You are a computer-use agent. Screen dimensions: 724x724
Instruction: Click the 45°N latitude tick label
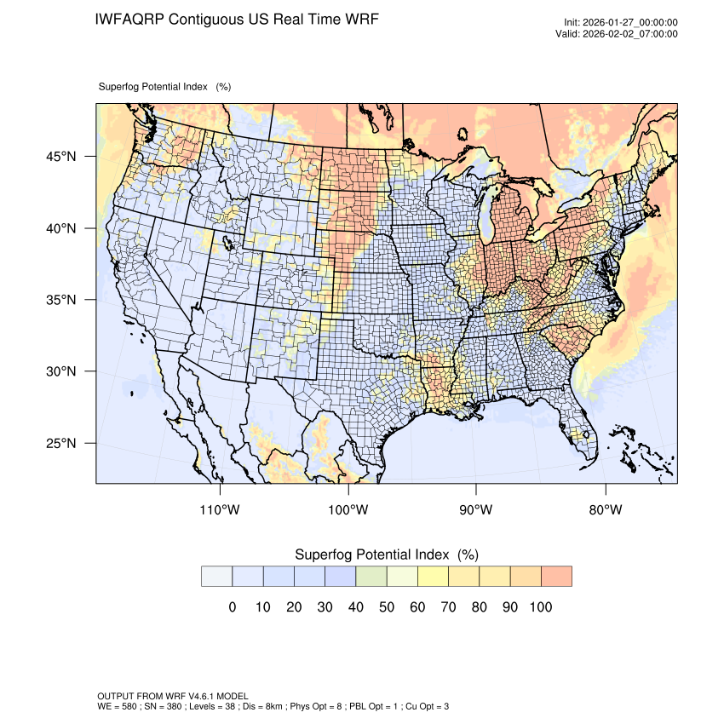coord(61,157)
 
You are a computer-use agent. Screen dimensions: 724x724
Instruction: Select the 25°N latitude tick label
coord(61,443)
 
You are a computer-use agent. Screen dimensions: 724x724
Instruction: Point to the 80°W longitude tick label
coord(606,510)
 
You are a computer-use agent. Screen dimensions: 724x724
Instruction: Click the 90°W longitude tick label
coord(477,510)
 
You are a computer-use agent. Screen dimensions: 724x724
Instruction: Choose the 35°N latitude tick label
coord(61,300)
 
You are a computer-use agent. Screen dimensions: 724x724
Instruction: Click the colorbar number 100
coord(541,607)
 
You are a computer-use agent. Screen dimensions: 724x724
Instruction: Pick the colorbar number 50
coord(387,607)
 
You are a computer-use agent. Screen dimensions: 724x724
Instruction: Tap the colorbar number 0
coord(232,607)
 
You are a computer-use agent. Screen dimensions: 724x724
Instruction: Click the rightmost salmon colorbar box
coord(556,576)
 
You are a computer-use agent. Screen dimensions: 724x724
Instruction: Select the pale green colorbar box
coord(371,576)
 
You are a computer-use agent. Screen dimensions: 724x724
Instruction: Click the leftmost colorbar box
coord(216,576)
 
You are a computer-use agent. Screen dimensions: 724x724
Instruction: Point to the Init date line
coord(621,23)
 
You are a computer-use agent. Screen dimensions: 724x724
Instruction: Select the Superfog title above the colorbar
coord(386,554)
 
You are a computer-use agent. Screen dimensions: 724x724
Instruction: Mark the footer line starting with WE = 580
coord(273,706)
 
